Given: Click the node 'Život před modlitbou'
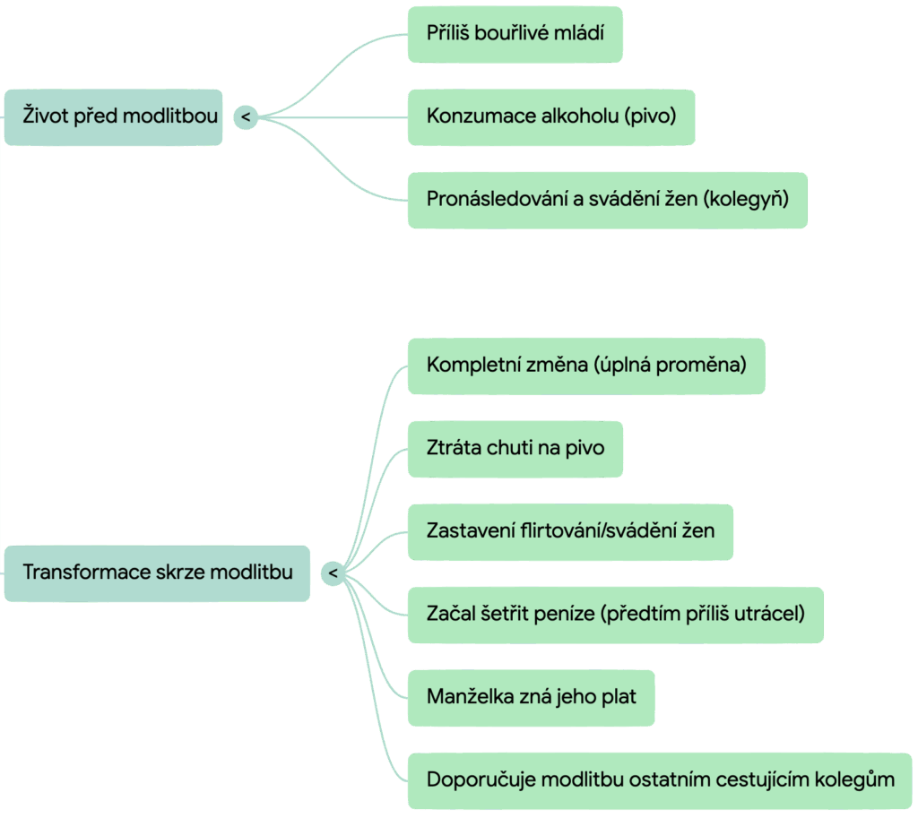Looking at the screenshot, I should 113,116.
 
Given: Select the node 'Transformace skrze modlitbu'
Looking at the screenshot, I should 157,573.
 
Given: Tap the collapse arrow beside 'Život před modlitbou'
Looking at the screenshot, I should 246,117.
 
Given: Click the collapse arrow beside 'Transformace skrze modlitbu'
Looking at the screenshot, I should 333,573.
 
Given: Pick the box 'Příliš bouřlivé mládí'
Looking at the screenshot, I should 515,34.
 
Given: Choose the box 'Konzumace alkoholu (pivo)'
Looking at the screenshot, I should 550,116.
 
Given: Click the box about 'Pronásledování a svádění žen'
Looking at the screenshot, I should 607,200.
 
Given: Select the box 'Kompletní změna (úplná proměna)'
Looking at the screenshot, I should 586,366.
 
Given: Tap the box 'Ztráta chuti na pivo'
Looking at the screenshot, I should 515,448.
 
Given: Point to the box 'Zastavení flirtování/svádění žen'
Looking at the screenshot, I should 570,530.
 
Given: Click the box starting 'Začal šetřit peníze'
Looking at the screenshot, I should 615,614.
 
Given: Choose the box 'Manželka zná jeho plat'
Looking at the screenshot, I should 531,696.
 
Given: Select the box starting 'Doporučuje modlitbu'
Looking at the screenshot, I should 660,779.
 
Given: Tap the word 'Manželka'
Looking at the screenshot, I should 471,696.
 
